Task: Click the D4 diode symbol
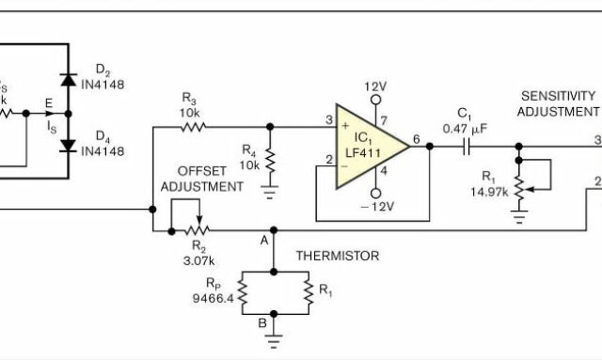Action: pos(66,144)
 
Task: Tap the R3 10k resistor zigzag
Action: pos(192,125)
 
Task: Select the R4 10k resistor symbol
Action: pos(269,159)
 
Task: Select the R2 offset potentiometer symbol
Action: pos(196,228)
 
